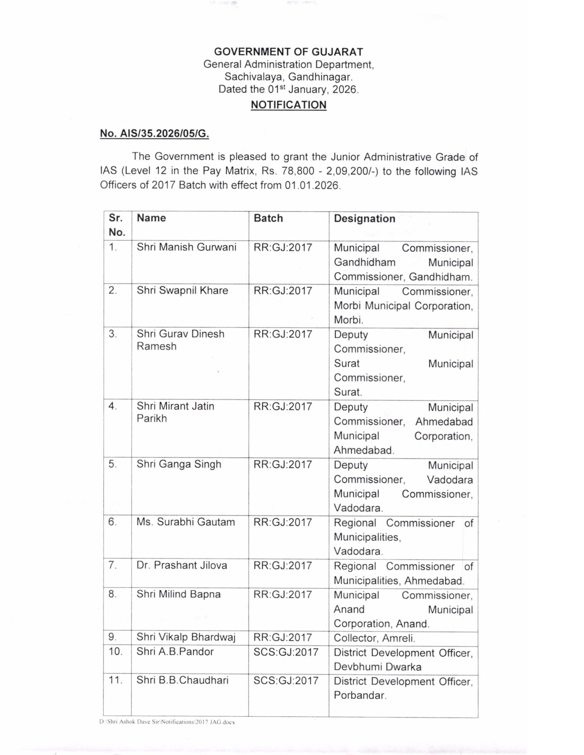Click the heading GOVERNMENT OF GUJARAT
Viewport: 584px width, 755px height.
(289, 52)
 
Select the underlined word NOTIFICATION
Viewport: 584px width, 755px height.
(289, 105)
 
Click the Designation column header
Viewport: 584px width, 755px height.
(364, 218)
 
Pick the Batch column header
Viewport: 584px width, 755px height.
(268, 218)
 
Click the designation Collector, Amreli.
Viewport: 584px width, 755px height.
(374, 638)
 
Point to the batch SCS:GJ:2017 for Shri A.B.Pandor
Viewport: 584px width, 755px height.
(286, 652)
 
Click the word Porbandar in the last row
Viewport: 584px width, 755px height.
(360, 695)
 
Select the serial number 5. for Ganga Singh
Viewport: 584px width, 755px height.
(113, 464)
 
